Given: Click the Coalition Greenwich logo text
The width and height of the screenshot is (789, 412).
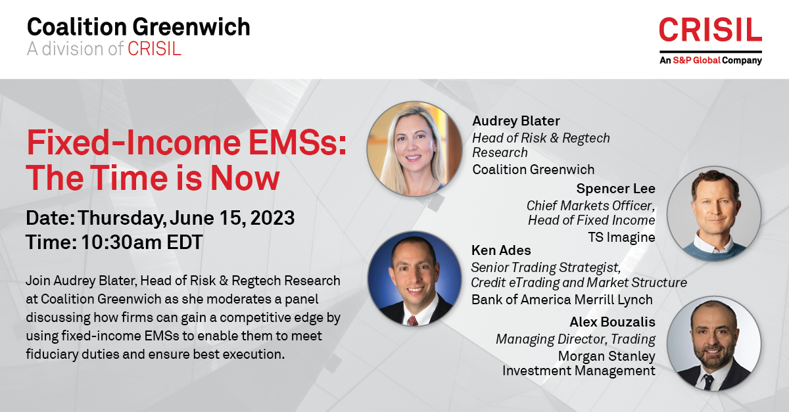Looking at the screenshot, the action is [139, 27].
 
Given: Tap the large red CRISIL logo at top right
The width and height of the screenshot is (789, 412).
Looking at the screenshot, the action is [711, 30].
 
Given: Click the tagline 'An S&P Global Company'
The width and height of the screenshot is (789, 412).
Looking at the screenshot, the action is [711, 60].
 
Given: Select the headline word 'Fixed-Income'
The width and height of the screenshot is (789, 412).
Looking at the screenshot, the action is [133, 143].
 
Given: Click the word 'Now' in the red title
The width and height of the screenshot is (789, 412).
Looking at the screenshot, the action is [245, 178].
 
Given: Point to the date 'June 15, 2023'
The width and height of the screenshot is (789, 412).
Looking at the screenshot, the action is [232, 218].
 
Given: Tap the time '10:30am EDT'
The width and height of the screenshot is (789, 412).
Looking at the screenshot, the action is [142, 242].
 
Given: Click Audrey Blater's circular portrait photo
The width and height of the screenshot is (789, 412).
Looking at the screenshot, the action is [415, 149].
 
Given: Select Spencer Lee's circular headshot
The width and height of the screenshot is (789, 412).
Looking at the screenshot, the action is [714, 214].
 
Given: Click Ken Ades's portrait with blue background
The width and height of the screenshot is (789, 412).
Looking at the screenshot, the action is [415, 278].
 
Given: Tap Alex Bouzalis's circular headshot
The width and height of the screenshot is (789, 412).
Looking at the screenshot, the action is [714, 343].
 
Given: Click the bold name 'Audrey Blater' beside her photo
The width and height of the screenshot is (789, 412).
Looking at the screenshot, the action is [516, 121].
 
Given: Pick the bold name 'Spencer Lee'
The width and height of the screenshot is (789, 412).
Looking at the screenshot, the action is [615, 189].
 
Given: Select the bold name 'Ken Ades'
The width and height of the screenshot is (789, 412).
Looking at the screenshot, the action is [501, 250].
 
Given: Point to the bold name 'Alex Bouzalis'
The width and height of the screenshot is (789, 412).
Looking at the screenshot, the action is [613, 322].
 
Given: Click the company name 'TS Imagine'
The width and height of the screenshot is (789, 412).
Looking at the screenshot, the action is [621, 237].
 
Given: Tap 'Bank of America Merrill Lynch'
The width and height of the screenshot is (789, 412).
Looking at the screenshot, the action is [562, 300].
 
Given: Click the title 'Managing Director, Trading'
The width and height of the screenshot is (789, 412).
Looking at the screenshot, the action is [575, 339].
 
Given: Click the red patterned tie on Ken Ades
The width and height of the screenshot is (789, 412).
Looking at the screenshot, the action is [412, 321].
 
